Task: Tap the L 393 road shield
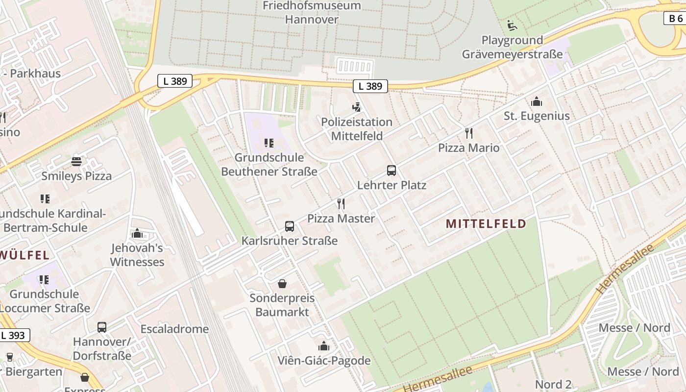pyautogui.click(x=13, y=336)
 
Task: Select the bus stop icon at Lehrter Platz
pyautogui.click(x=392, y=171)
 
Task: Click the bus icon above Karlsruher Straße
pyautogui.click(x=290, y=226)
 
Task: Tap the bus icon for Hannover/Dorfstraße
pyautogui.click(x=102, y=327)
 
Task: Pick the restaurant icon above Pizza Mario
pyautogui.click(x=469, y=133)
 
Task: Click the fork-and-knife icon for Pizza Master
pyautogui.click(x=341, y=204)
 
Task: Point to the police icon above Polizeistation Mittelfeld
pyautogui.click(x=357, y=107)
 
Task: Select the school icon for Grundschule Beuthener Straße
pyautogui.click(x=269, y=143)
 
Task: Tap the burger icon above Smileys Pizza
pyautogui.click(x=76, y=161)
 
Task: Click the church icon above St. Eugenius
pyautogui.click(x=537, y=101)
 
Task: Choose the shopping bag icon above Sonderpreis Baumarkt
pyautogui.click(x=282, y=284)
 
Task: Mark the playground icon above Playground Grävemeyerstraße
pyautogui.click(x=512, y=25)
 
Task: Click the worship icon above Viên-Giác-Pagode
pyautogui.click(x=324, y=346)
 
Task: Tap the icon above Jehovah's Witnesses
pyautogui.click(x=137, y=233)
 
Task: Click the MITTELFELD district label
pyautogui.click(x=486, y=224)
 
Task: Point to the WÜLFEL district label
pyautogui.click(x=24, y=255)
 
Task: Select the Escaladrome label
pyautogui.click(x=174, y=329)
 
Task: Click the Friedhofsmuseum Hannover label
pyautogui.click(x=312, y=13)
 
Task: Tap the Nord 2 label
pyautogui.click(x=553, y=384)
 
